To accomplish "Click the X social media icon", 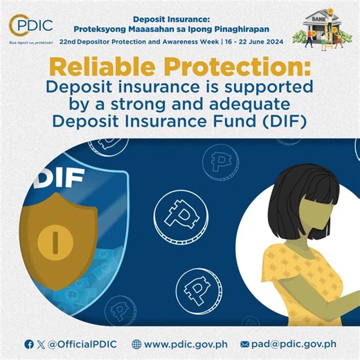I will click(40, 344).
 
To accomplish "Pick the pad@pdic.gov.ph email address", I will click(294, 344).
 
